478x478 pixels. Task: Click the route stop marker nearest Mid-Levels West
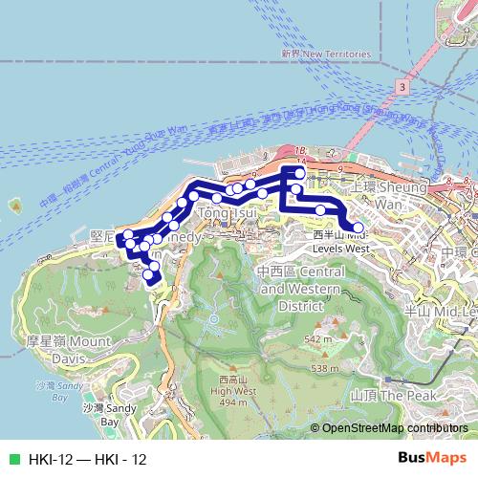tap(358, 227)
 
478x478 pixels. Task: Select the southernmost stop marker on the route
tap(149, 277)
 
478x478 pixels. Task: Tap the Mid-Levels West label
tap(341, 240)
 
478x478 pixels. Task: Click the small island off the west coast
tap(16, 205)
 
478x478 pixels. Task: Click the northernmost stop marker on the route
tap(299, 172)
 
